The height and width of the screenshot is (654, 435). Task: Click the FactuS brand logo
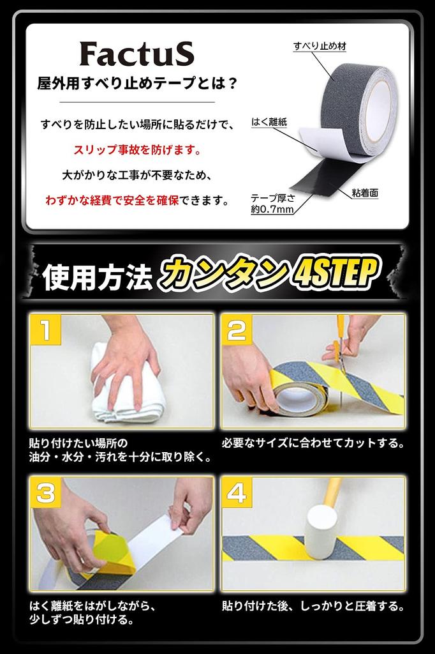pos(136,56)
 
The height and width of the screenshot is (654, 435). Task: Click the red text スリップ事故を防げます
pos(137,151)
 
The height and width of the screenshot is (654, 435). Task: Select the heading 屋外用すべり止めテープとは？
pos(136,84)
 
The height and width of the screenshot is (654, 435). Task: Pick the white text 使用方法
pos(97,278)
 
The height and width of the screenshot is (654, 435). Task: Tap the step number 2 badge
pos(237,331)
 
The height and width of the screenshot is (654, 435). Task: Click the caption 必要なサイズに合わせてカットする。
pos(313,443)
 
